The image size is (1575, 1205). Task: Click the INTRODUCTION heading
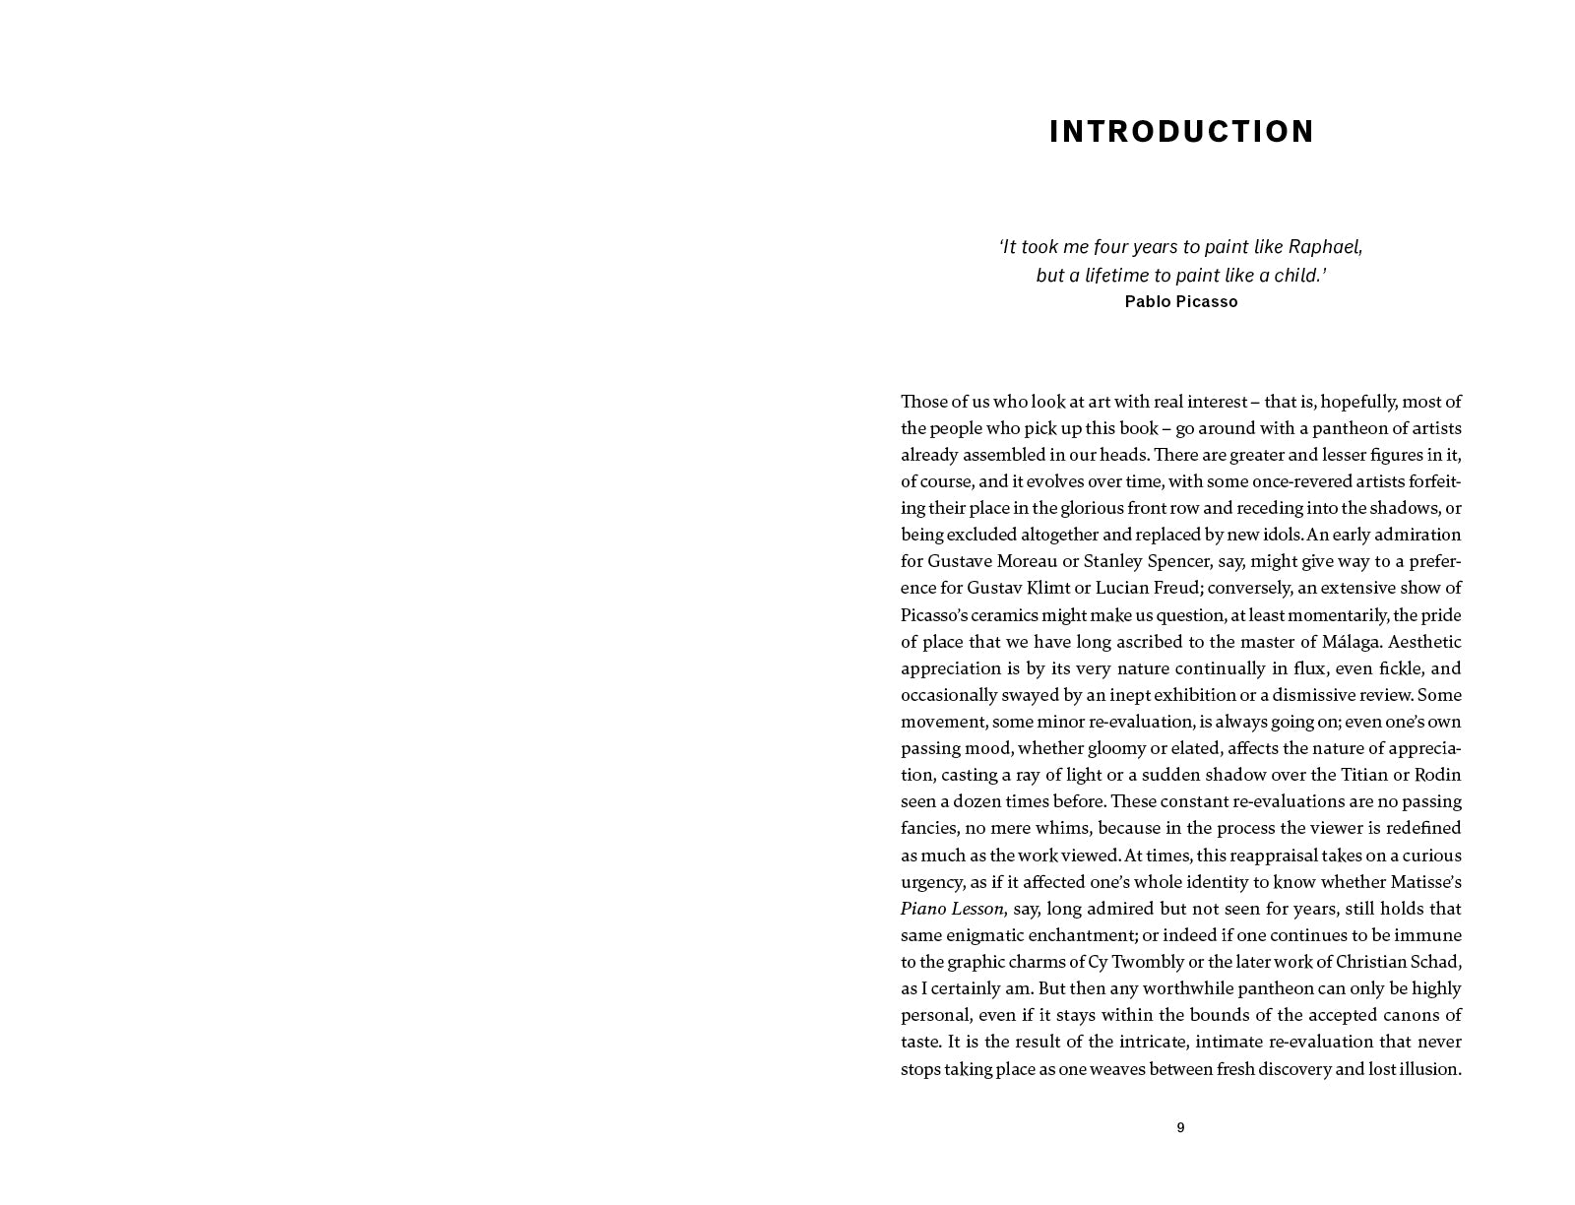pos(1181,132)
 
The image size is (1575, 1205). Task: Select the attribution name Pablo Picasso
pos(1181,302)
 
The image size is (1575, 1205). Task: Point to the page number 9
pos(1180,1128)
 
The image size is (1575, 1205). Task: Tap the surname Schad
pos(1436,962)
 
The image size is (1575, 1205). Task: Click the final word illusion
pos(1428,1069)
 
